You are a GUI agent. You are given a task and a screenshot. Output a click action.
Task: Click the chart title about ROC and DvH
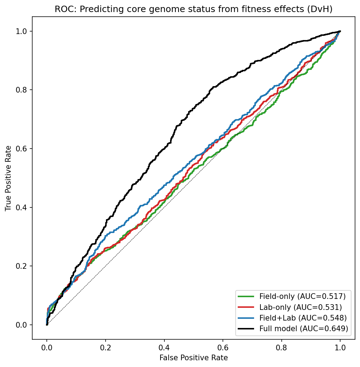click(x=193, y=10)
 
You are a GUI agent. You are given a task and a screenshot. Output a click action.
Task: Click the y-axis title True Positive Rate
click(x=8, y=178)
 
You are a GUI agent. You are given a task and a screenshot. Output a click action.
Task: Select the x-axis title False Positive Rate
click(x=193, y=357)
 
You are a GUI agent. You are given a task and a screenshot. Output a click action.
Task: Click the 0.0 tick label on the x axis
click(x=47, y=347)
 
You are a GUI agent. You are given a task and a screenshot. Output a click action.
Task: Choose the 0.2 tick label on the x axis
click(x=105, y=347)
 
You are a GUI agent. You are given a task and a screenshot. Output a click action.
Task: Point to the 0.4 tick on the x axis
click(x=164, y=347)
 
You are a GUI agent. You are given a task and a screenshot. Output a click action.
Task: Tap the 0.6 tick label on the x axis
click(x=223, y=347)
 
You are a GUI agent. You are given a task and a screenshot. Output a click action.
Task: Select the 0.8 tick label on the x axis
click(x=281, y=347)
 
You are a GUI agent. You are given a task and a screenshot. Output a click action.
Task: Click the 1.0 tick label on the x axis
click(x=340, y=347)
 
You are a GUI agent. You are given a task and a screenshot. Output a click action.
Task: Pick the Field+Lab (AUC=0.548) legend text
click(x=303, y=318)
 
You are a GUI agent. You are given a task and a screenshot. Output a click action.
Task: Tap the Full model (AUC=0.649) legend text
click(x=304, y=329)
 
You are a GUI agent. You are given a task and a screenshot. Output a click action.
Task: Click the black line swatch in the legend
click(x=247, y=329)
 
